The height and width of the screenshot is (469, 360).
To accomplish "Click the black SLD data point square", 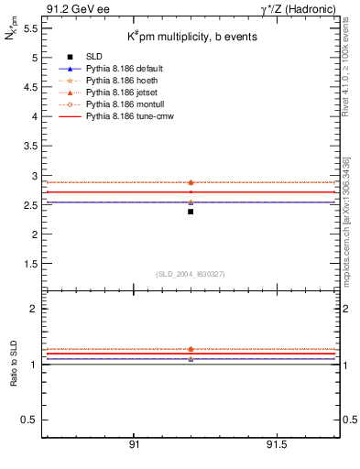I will pyautogui.click(x=191, y=212).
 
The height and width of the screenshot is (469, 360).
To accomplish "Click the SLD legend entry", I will pyautogui.click(x=95, y=57).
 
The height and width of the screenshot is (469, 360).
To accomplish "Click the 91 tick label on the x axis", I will pyautogui.click(x=134, y=444).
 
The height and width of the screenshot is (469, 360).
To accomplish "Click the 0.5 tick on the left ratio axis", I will pyautogui.click(x=27, y=420).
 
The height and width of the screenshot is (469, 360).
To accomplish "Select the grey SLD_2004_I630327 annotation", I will pyautogui.click(x=191, y=274).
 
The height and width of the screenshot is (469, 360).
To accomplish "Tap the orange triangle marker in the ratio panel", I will pyautogui.click(x=191, y=349).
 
